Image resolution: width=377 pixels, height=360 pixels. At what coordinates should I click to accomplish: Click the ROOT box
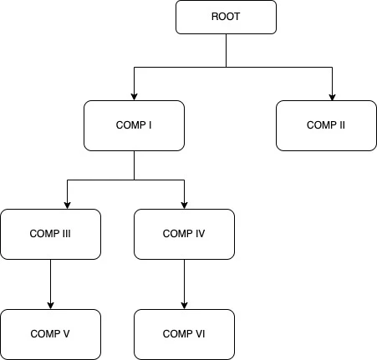pos(226,17)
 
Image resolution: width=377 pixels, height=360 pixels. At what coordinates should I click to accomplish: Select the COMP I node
pos(134,125)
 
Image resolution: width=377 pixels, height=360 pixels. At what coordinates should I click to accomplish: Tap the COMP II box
pos(326,125)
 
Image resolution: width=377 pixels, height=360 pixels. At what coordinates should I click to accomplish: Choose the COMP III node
pos(50,234)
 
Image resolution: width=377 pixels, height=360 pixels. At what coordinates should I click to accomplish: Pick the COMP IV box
pos(184,234)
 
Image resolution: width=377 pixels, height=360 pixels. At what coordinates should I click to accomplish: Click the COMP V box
pos(50,334)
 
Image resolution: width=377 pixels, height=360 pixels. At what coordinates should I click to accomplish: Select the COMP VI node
pos(184,334)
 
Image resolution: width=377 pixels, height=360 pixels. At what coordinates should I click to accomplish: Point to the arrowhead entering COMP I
pos(134,96)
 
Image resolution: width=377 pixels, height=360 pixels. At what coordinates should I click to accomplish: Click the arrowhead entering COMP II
pos(333,96)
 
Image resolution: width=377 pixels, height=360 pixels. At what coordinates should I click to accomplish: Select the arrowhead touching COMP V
pos(50,305)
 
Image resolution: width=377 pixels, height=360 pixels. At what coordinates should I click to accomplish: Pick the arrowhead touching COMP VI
pos(184,305)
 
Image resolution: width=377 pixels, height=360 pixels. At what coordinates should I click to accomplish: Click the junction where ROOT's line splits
pos(226,68)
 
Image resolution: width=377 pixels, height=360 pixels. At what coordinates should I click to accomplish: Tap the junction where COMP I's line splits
pos(134,180)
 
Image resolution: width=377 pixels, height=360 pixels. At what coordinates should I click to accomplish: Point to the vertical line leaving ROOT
pos(226,51)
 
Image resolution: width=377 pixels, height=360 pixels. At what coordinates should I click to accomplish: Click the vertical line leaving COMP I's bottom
pos(134,165)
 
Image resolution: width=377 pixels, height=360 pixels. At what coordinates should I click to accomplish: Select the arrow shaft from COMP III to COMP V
pos(50,280)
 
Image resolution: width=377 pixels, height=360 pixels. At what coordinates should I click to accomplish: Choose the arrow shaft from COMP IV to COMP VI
pos(184,280)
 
